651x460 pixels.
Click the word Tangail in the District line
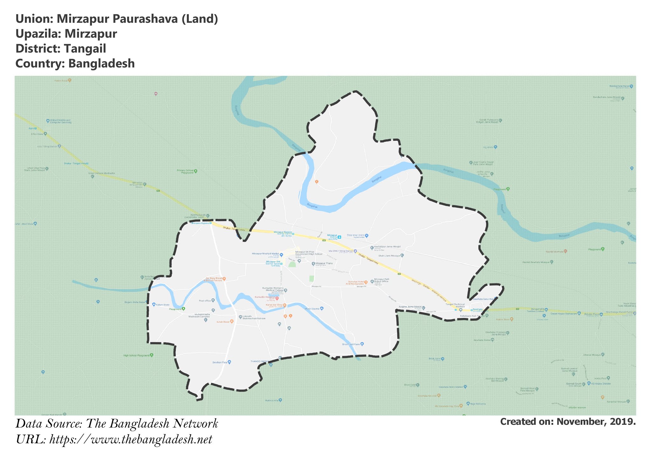pyautogui.click(x=85, y=49)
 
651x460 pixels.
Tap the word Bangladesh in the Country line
pyautogui.click(x=101, y=64)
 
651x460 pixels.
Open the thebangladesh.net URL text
pyautogui.click(x=131, y=440)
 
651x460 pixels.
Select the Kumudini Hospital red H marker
pyautogui.click(x=277, y=298)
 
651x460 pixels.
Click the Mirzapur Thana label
pyautogui.click(x=324, y=263)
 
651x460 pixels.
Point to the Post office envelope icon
pyautogui.click(x=213, y=300)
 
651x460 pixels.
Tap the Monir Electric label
pyautogui.click(x=312, y=308)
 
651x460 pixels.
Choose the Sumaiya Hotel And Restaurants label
pyautogui.click(x=355, y=283)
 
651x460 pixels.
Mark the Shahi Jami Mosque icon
pyautogui.click(x=402, y=255)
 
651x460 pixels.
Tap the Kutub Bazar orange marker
pyautogui.click(x=232, y=321)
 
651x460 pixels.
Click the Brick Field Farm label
pyautogui.click(x=351, y=344)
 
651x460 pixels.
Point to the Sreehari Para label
pyautogui.click(x=220, y=362)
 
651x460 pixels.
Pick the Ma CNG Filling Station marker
pyautogui.click(x=355, y=251)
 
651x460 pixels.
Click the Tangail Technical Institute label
pyautogui.click(x=455, y=305)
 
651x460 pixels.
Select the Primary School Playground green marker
pyautogui.click(x=195, y=171)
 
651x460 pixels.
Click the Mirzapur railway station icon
pyautogui.click(x=339, y=237)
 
